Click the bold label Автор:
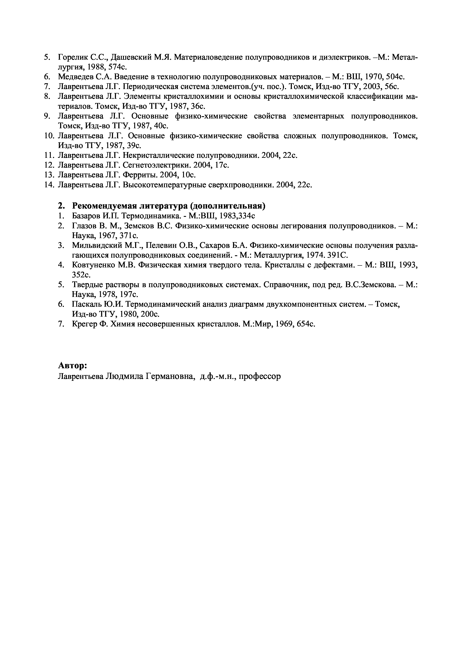(72, 366)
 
